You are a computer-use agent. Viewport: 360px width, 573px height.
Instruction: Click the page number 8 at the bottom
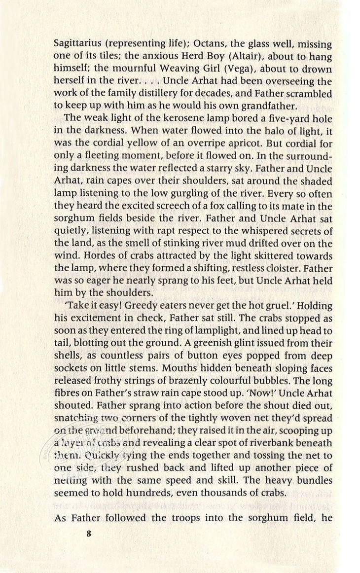89,534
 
